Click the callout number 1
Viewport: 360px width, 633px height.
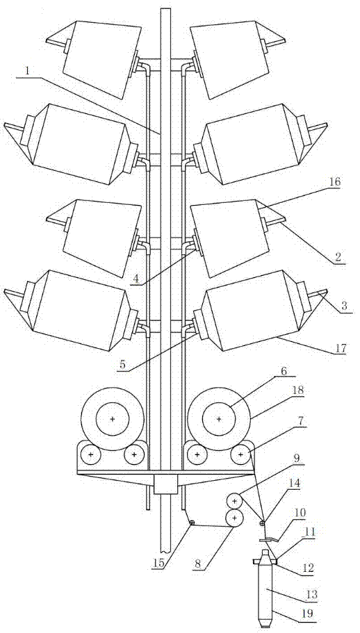pos(27,71)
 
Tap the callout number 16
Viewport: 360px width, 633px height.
pos(334,182)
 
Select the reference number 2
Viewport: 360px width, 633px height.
pos(337,257)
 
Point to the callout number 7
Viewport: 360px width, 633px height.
pos(301,422)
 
